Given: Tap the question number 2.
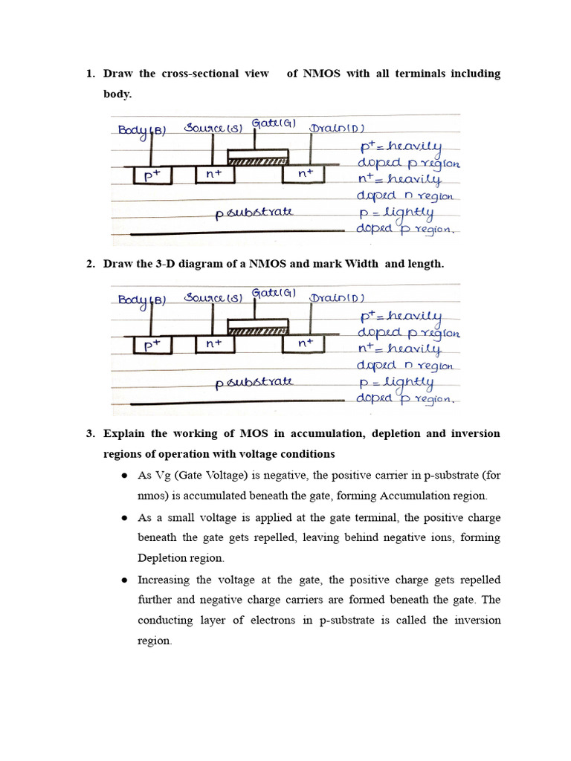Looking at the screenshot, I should click(90, 265).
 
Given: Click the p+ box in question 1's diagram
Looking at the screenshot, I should click(152, 175).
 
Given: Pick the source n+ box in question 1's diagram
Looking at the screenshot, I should click(214, 175).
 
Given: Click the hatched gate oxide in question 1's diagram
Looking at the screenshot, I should click(257, 161).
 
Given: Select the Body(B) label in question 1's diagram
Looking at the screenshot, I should click(142, 130).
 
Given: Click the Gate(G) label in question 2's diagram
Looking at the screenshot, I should click(274, 293).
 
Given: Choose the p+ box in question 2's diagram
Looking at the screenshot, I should click(152, 345).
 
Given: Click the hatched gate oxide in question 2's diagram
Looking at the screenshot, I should click(257, 331).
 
